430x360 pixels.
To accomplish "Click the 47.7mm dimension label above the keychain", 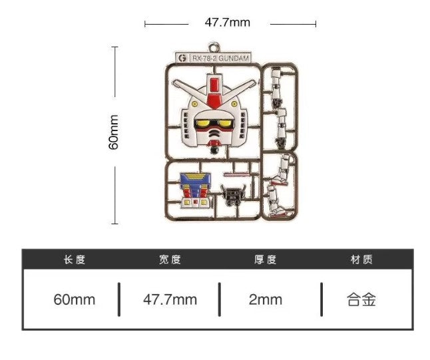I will tap(227, 23).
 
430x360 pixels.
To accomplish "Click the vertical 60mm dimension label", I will tap(114, 133).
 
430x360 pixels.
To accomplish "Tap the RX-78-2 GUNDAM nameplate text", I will tap(220, 59).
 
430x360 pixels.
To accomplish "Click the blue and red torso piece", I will tap(194, 189).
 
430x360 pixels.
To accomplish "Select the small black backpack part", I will tap(232, 196).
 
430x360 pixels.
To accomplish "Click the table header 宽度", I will tap(170, 260).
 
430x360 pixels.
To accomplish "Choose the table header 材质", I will tap(361, 260).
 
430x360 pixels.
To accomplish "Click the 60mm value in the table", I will tap(75, 299).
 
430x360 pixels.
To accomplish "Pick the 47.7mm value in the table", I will tap(170, 299).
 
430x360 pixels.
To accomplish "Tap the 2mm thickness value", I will tap(265, 299).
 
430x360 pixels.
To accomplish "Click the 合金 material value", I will tap(361, 299).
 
